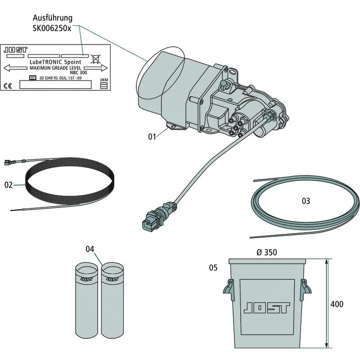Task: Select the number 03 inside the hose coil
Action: click(306, 201)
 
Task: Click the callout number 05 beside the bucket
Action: click(213, 268)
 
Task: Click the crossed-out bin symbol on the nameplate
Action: click(95, 58)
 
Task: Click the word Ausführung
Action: click(53, 18)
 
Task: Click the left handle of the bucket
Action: click(228, 290)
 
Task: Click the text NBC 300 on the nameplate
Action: click(79, 72)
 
